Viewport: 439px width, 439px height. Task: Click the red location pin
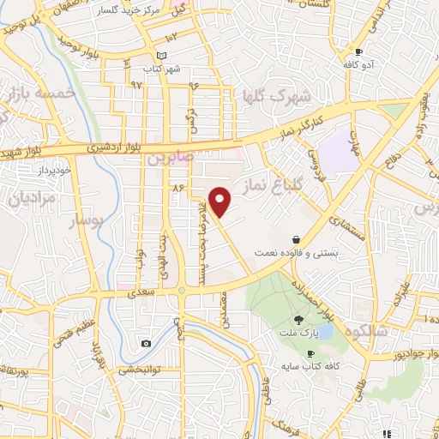point(220,201)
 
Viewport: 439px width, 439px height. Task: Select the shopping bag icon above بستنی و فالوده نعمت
point(296,239)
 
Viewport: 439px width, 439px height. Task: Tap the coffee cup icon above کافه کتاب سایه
point(310,353)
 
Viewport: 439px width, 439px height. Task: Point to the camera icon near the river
point(147,343)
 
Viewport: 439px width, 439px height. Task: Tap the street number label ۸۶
point(178,187)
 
